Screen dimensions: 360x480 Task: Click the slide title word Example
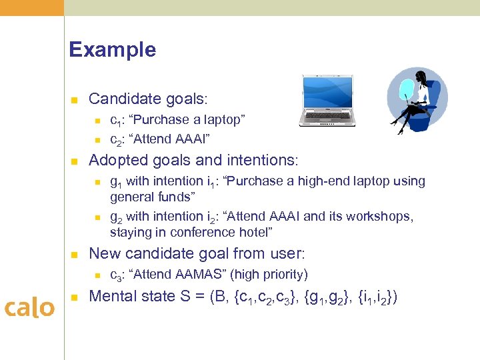[112, 50]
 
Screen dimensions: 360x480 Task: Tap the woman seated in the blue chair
[417, 99]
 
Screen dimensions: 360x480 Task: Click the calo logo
[29, 307]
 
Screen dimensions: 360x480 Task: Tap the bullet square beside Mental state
[75, 297]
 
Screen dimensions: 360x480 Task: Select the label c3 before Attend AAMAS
[115, 275]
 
